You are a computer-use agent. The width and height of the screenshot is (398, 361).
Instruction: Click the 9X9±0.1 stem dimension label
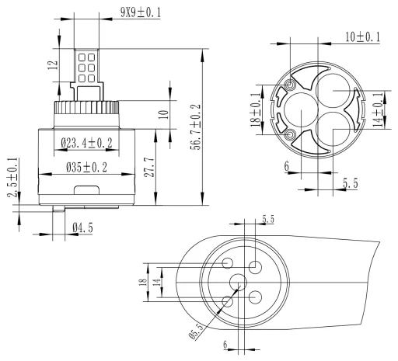[x=141, y=12]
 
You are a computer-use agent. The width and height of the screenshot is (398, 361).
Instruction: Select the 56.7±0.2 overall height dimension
[x=196, y=127]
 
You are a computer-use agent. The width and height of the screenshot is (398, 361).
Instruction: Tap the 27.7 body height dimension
[x=149, y=168]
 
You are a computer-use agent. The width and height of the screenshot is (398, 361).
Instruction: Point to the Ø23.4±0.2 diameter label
[x=87, y=143]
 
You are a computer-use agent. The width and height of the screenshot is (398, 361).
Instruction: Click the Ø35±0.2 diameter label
[x=86, y=168]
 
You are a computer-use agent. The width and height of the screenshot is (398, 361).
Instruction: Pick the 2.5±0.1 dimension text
[x=13, y=178]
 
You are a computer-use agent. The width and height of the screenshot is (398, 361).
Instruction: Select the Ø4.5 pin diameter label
[x=82, y=228]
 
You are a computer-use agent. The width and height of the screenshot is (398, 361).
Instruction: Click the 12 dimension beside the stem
[x=53, y=65]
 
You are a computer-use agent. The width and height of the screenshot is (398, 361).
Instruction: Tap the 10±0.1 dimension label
[x=362, y=37]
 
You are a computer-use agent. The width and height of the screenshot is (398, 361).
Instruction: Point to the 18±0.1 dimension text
[x=256, y=109]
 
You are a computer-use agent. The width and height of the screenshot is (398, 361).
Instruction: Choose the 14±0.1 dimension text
[x=378, y=109]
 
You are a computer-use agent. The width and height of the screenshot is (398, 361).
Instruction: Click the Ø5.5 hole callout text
[x=197, y=331]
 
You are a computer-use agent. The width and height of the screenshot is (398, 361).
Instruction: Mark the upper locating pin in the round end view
[x=289, y=85]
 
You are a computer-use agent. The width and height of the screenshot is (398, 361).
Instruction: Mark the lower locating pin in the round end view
[x=289, y=134]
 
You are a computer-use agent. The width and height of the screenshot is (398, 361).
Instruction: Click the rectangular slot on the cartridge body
[x=87, y=190]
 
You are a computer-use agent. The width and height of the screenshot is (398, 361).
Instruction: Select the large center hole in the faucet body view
[x=238, y=283]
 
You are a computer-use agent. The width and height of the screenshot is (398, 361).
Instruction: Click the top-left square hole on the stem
[x=82, y=57]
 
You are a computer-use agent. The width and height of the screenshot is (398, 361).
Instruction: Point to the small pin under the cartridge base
[x=58, y=209]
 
